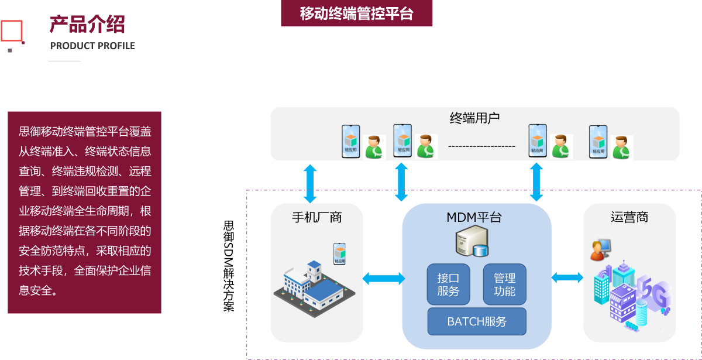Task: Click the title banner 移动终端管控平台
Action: click(x=356, y=13)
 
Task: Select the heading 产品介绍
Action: click(x=87, y=25)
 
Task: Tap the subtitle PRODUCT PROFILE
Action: click(x=92, y=46)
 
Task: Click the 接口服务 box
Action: click(x=448, y=284)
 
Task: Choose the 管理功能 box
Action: click(x=504, y=284)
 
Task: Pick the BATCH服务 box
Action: click(x=477, y=321)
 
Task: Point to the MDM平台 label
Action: click(x=474, y=218)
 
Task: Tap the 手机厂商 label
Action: click(x=316, y=218)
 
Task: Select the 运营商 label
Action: click(x=629, y=218)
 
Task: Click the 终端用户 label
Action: click(x=474, y=118)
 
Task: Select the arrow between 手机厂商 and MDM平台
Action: click(x=383, y=279)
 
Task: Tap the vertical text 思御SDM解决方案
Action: click(x=229, y=266)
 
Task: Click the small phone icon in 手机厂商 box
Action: click(x=339, y=253)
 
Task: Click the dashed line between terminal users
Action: click(x=481, y=146)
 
